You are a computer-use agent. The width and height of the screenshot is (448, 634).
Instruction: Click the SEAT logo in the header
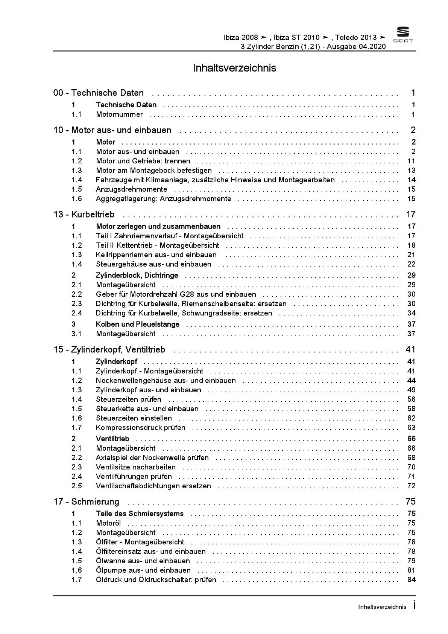[403, 35]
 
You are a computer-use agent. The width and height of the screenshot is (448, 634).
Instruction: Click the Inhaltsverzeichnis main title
[234, 68]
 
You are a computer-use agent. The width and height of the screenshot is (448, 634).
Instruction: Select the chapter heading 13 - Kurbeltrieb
[84, 215]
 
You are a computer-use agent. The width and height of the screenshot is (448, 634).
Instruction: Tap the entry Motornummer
[119, 114]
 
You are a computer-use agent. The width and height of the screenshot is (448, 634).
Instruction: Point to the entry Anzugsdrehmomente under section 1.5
[131, 189]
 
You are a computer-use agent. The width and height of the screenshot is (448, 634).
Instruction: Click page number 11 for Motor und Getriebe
[411, 161]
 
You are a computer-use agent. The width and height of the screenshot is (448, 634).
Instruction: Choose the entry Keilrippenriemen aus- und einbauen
[156, 255]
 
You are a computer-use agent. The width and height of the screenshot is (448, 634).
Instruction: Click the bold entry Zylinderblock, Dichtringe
[137, 276]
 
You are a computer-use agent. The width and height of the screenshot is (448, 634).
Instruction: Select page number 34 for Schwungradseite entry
[411, 313]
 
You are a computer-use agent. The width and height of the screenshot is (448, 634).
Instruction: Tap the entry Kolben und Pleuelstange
[137, 325]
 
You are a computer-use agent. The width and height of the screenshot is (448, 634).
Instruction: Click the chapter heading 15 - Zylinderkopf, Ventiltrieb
[109, 350]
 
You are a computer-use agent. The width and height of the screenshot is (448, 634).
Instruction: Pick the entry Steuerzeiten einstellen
[134, 418]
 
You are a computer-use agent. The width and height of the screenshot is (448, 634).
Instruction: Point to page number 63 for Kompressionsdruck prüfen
[411, 428]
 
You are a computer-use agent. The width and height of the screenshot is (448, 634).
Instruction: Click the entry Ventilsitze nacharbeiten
[135, 467]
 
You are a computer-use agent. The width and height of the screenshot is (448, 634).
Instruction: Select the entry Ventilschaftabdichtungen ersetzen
[153, 486]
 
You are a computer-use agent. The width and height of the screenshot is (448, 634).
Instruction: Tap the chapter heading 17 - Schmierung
[86, 502]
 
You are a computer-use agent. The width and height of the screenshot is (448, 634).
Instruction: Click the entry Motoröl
[108, 523]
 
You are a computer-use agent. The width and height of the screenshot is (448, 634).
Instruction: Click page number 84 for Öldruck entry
[411, 580]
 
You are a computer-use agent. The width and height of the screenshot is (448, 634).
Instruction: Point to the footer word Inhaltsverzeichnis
[382, 607]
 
